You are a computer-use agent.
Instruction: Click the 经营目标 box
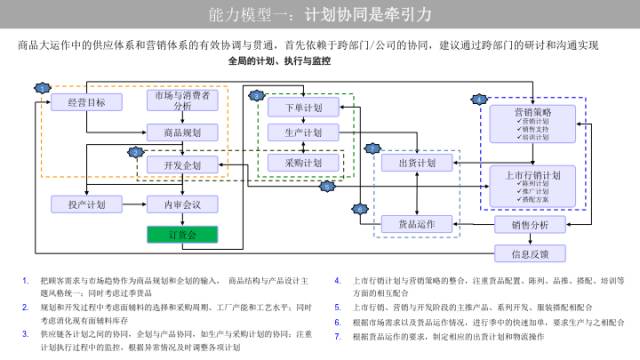(x=85, y=102)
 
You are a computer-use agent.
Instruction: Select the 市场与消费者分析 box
(x=182, y=102)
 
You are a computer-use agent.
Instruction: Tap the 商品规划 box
(x=182, y=132)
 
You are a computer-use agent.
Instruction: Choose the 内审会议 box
(x=182, y=204)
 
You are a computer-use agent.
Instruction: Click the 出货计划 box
(x=417, y=162)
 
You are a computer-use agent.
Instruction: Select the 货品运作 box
(x=417, y=224)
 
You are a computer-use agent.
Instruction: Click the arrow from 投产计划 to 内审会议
(x=133, y=204)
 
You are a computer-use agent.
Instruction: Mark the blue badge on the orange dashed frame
(x=41, y=88)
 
